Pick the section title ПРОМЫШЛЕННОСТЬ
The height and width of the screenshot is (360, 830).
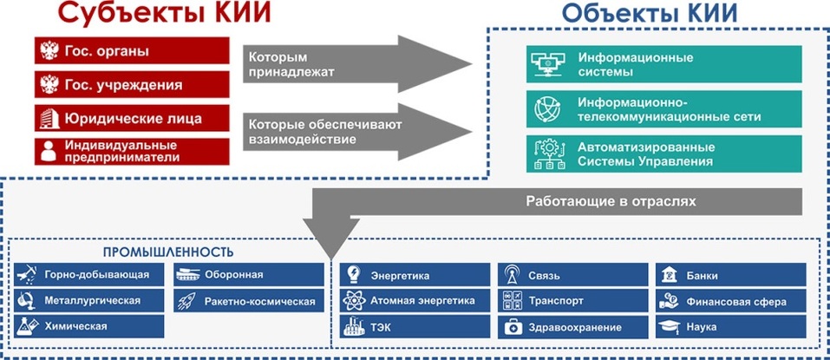(x=168, y=252)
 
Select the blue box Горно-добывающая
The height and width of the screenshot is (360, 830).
(x=89, y=275)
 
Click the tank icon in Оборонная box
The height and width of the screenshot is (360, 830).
(x=187, y=275)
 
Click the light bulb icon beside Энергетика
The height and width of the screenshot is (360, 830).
(x=354, y=275)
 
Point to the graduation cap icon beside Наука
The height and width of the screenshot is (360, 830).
(x=668, y=327)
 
